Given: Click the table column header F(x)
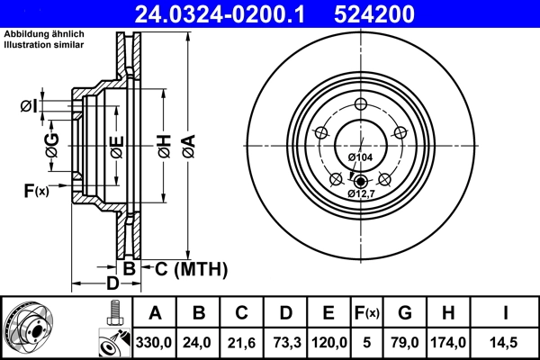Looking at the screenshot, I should click(x=366, y=313).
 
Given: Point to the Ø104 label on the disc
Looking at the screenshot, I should click(x=360, y=157).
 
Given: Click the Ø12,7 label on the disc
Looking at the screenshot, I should click(x=361, y=192).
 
